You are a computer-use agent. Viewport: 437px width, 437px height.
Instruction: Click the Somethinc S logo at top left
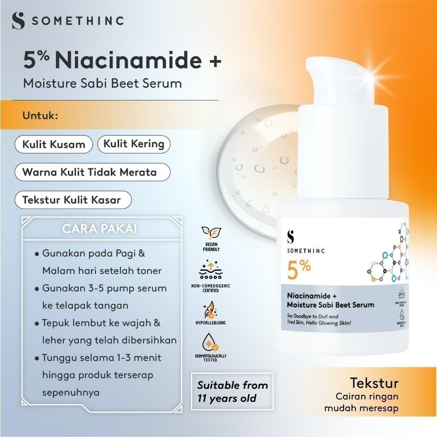pyautogui.click(x=18, y=20)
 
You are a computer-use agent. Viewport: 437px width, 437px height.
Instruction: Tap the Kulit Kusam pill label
pyautogui.click(x=53, y=144)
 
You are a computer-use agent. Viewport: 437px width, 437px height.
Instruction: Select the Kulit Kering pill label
pyautogui.click(x=134, y=144)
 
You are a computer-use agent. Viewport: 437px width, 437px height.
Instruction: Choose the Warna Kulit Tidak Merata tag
pyautogui.click(x=89, y=172)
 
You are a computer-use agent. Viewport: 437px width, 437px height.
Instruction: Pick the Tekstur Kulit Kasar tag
pyautogui.click(x=72, y=200)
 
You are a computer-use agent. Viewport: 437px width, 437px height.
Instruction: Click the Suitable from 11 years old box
pyautogui.click(x=232, y=391)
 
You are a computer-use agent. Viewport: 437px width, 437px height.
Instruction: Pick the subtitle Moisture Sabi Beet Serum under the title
pyautogui.click(x=102, y=83)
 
